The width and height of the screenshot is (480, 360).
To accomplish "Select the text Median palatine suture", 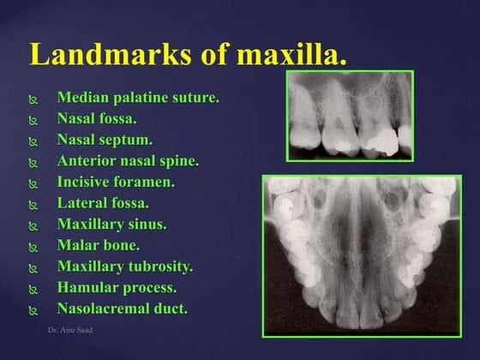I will click(138, 98).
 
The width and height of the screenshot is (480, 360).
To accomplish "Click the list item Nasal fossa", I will click(97, 118).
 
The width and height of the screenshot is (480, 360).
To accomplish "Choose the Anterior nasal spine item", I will click(128, 160).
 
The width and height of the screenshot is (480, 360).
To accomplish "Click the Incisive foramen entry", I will click(116, 182).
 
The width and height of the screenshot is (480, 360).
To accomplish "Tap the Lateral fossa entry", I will click(103, 203).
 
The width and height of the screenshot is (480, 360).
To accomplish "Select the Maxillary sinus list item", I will click(111, 225).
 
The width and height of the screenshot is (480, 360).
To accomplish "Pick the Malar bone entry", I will click(98, 245).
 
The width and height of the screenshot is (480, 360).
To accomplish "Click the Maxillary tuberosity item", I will click(125, 267).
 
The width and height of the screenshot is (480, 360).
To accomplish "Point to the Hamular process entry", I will click(117, 288).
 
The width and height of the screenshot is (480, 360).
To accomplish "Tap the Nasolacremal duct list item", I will click(122, 309).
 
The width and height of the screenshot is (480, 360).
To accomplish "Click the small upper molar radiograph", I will click(350, 116).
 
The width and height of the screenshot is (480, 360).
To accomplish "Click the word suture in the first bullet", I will click(195, 98).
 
